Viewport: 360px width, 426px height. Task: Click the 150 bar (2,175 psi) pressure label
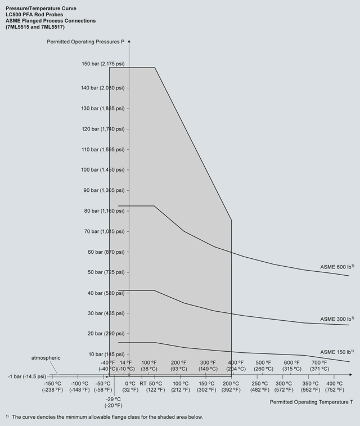[103, 64]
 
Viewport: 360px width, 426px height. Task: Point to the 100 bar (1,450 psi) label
[103, 169]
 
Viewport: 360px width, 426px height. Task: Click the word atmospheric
[46, 358]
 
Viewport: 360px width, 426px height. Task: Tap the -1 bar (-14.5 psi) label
[27, 375]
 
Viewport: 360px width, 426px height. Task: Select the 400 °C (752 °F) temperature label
[335, 386]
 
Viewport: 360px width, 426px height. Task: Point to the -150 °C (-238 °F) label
[52, 386]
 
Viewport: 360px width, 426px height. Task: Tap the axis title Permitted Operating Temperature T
[312, 402]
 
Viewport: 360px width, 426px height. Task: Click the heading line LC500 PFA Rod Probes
[38, 15]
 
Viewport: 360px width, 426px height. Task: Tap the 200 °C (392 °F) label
[231, 386]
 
